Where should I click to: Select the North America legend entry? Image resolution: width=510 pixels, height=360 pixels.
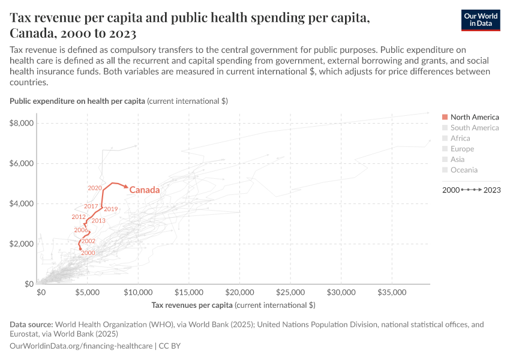(474, 117)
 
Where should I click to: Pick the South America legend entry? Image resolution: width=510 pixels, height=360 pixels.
(474, 128)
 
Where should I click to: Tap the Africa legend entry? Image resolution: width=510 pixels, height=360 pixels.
(460, 138)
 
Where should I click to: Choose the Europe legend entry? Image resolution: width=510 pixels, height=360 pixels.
(462, 149)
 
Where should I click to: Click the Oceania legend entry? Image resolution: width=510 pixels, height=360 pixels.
(464, 170)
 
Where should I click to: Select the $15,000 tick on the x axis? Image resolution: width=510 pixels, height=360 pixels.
(189, 292)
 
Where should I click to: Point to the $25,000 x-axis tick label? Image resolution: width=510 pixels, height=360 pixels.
(290, 292)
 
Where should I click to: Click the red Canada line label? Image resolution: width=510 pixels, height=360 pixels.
(145, 190)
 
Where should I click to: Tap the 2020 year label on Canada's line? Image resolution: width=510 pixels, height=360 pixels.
(94, 188)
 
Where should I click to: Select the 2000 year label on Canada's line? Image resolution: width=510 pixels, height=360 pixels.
(88, 253)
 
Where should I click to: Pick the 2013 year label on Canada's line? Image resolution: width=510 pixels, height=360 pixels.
(98, 221)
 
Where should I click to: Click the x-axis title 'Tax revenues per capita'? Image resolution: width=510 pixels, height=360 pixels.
(233, 305)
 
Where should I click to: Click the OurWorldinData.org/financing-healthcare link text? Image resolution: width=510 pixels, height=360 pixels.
(81, 346)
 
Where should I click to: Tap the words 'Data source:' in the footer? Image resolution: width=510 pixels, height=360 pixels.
(31, 325)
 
